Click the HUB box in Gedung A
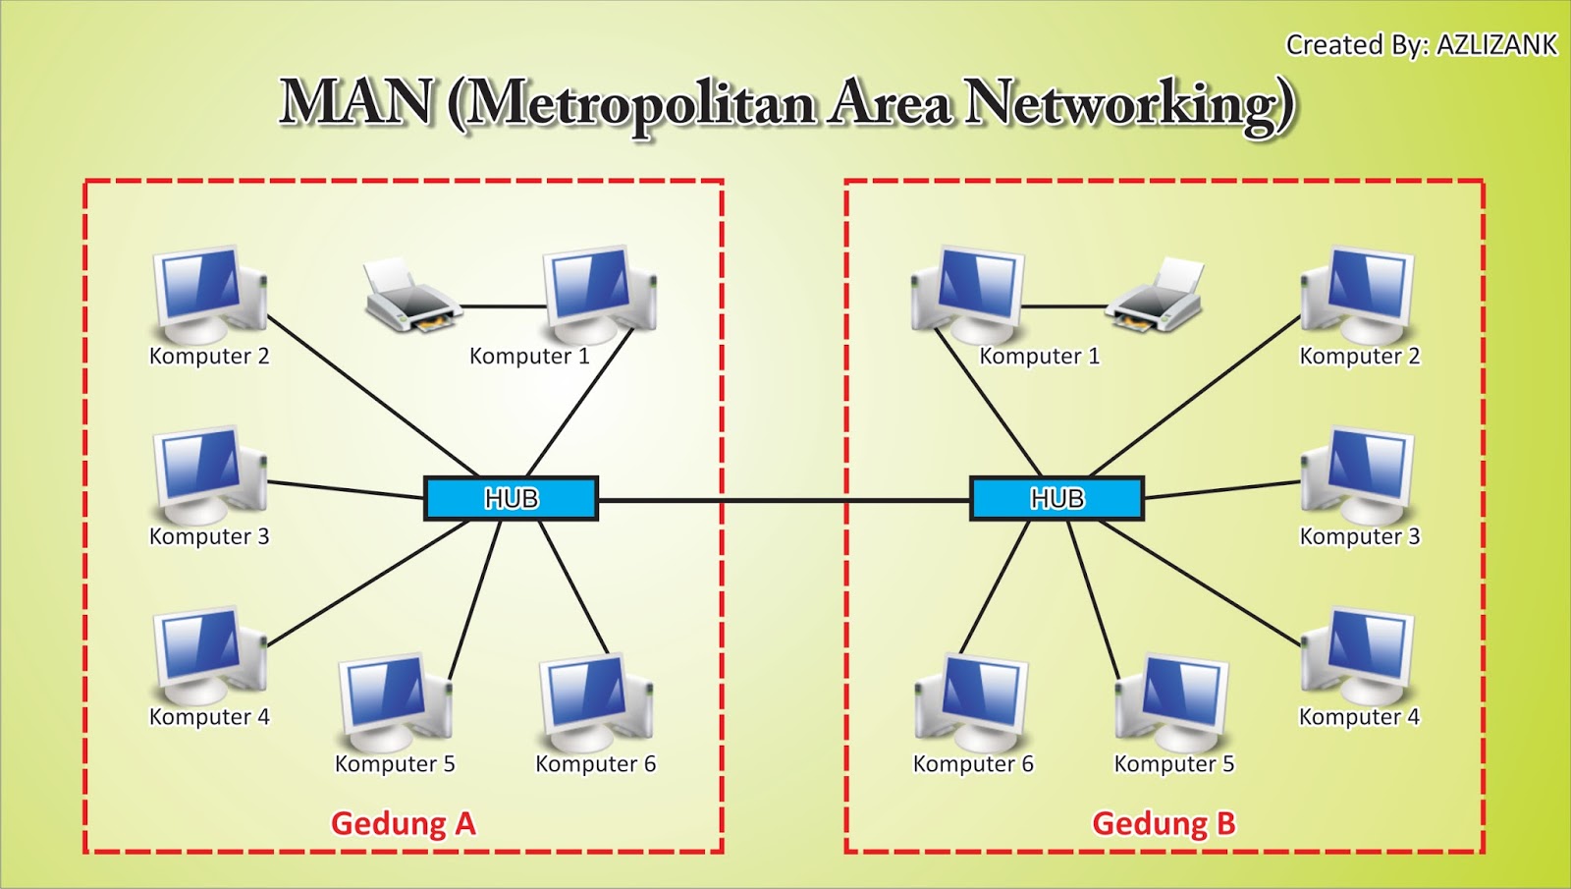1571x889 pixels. tap(511, 498)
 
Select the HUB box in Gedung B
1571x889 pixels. tap(1056, 498)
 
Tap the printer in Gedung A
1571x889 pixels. tap(410, 296)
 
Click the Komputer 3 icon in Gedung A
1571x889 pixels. tap(209, 474)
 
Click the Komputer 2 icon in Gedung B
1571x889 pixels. tap(1359, 292)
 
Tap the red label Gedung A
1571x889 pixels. tap(403, 823)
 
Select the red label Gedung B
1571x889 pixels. tap(1164, 823)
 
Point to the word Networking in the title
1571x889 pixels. tap(1129, 104)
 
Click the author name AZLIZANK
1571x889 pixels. tap(1496, 45)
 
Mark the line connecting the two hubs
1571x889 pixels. tap(784, 501)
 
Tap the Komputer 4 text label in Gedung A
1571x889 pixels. tap(209, 717)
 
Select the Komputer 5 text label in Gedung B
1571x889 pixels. tap(1173, 764)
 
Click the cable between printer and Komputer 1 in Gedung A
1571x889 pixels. tap(503, 306)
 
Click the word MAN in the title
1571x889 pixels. tap(356, 102)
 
